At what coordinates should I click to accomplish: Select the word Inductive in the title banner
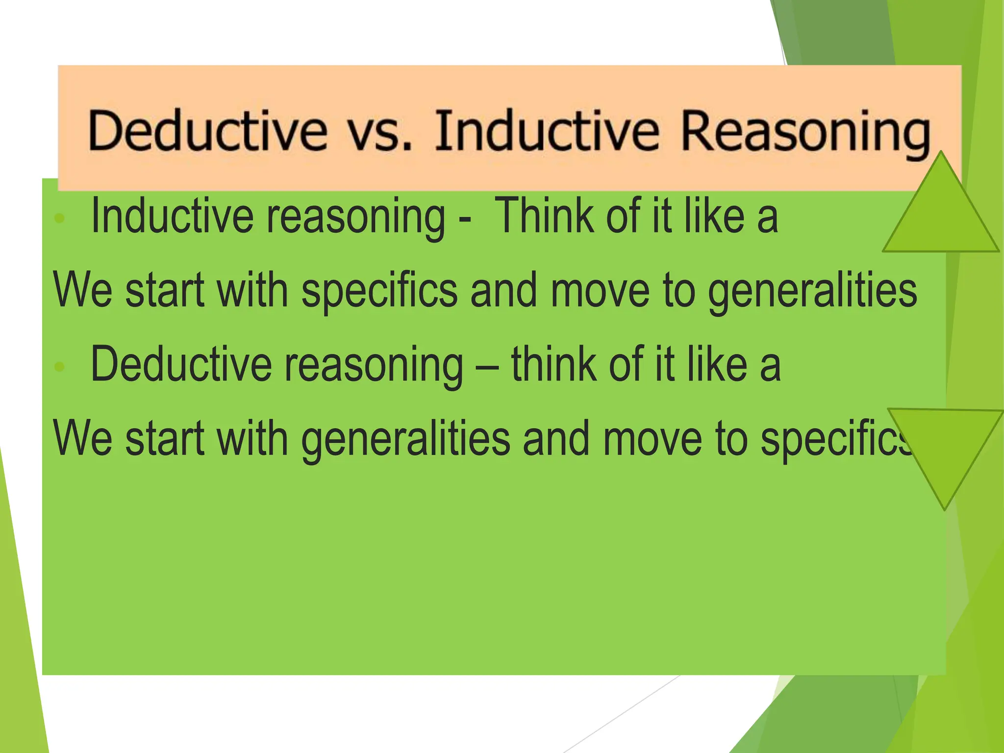547,130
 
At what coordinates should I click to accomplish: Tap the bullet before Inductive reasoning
59,219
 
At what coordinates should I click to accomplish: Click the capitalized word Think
544,216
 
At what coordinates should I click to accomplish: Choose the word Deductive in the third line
181,365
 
